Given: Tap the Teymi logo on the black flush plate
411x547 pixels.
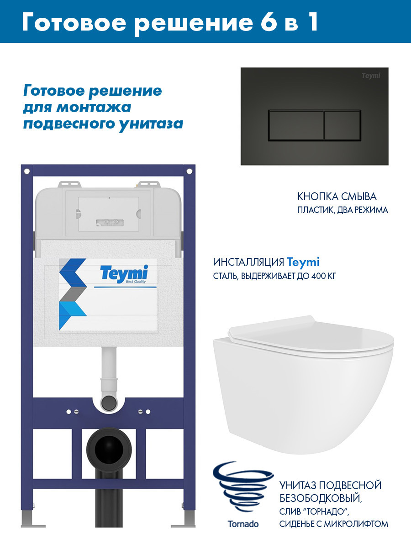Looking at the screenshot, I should click(x=370, y=76).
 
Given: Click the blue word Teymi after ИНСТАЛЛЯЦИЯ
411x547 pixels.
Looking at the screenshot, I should click(x=303, y=263).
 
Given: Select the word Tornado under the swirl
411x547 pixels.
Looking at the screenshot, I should click(x=243, y=524).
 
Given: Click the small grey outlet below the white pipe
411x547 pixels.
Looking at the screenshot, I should click(x=109, y=403).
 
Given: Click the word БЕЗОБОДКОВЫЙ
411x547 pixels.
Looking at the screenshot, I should click(x=320, y=498).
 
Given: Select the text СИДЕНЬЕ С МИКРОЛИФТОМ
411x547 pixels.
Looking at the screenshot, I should click(x=333, y=524).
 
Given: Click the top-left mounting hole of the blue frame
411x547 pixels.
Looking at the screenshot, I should click(x=27, y=171).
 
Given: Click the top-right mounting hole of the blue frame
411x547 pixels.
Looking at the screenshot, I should click(x=188, y=171).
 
